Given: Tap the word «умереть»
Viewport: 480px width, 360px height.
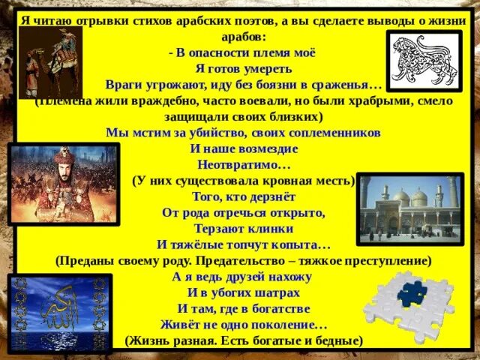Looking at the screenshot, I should [x=268, y=65].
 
